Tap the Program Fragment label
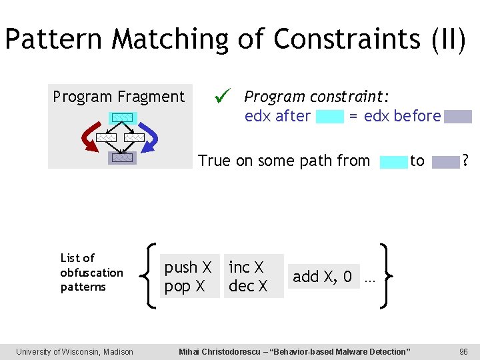tap(119, 97)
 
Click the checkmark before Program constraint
tap(222, 97)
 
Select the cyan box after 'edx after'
tap(329, 117)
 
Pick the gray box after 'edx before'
tap(458, 117)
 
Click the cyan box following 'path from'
tap(393, 161)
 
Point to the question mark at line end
tap(465, 161)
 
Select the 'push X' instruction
tap(188, 267)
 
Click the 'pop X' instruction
tap(185, 287)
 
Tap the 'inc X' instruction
tap(247, 267)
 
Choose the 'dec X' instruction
tap(248, 287)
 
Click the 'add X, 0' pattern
tap(322, 277)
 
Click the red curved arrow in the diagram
tap(89, 136)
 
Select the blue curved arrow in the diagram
tap(151, 137)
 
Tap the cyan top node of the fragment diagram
tap(121, 118)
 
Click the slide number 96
tap(464, 351)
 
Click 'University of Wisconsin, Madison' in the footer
tap(75, 351)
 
